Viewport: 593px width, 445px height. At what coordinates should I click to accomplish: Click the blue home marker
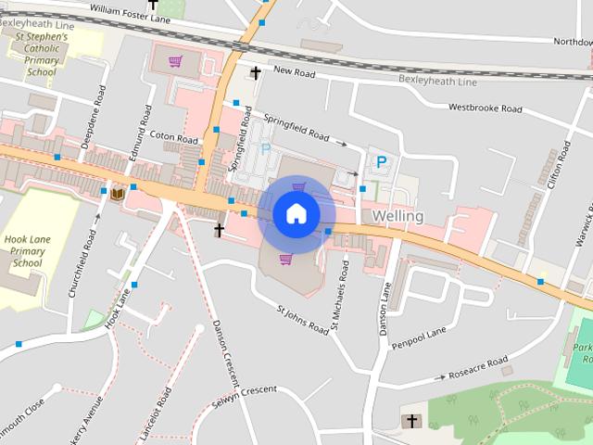click(296, 213)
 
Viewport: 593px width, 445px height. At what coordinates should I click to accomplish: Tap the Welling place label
click(397, 216)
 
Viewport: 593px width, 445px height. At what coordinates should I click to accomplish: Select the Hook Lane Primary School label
click(24, 250)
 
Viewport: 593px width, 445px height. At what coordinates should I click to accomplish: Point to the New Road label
click(295, 72)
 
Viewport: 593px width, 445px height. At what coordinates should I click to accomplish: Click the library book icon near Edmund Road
click(118, 193)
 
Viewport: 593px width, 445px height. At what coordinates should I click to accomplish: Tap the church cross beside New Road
click(256, 72)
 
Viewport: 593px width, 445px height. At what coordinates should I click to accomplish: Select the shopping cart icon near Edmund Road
click(174, 62)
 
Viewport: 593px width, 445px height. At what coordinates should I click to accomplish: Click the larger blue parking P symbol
click(381, 162)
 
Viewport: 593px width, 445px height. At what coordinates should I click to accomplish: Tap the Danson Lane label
click(384, 307)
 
